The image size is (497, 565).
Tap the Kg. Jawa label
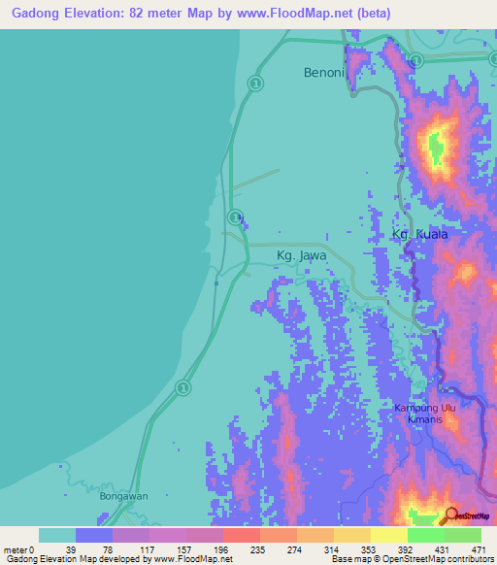(301, 256)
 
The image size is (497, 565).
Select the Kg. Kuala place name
(420, 235)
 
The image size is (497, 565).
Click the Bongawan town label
(123, 496)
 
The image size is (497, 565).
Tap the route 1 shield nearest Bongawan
(182, 387)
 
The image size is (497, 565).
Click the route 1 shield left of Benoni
(255, 84)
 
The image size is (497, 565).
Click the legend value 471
(477, 549)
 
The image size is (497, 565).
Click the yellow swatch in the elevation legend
(388, 535)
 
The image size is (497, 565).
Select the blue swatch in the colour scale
(94, 535)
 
